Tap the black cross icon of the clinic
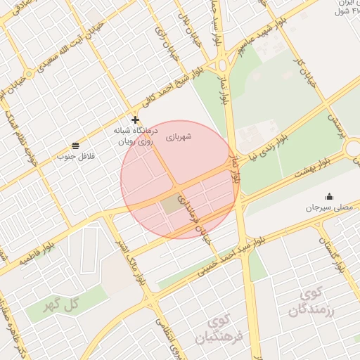(x=135, y=120)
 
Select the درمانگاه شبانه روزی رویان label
(x=136, y=136)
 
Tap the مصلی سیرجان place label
(x=328, y=207)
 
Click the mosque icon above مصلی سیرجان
(x=328, y=196)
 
